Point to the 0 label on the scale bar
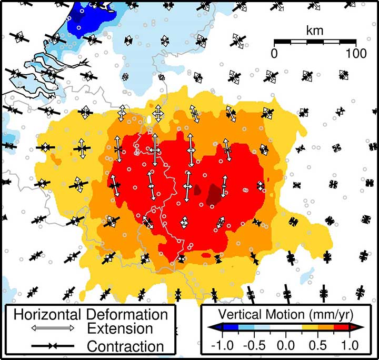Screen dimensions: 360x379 (274, 53)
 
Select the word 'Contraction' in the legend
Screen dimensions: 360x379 (125, 346)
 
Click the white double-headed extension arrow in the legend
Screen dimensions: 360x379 (48, 328)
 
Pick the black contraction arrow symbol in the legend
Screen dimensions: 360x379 (48, 346)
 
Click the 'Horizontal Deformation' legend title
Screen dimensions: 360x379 (91, 315)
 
